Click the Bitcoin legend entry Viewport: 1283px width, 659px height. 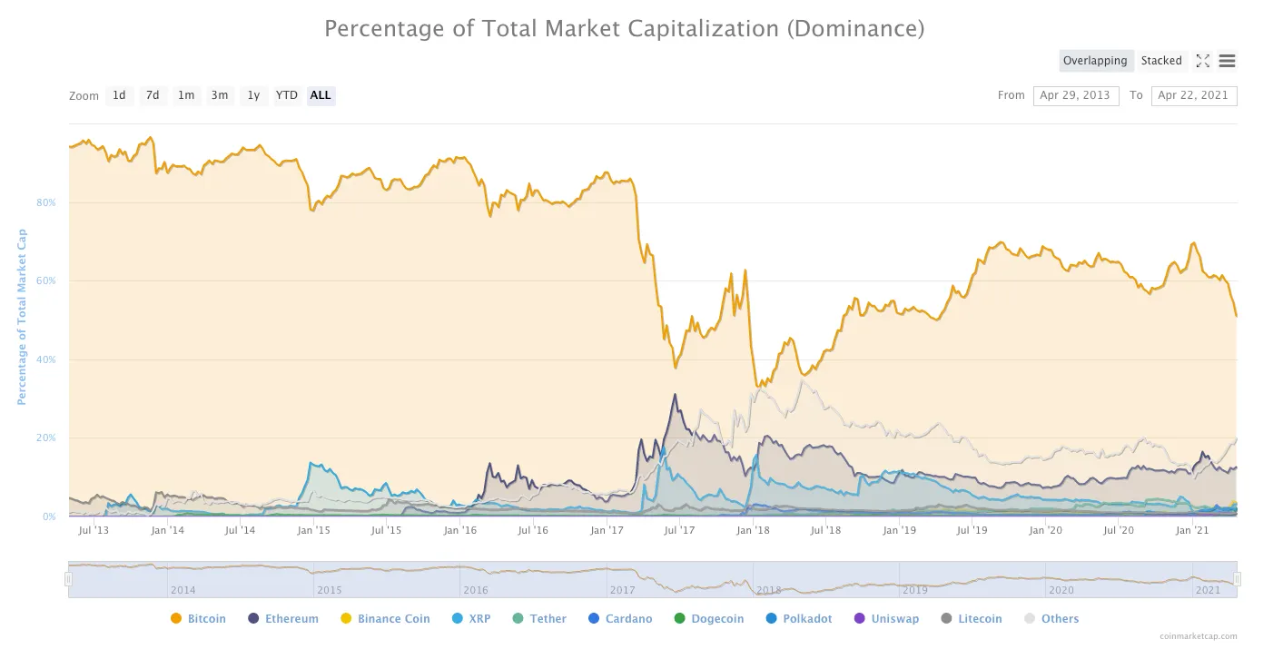pos(198,619)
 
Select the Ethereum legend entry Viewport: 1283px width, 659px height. pos(282,619)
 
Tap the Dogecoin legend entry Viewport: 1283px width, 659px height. pos(708,619)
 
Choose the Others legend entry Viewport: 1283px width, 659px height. pos(1051,619)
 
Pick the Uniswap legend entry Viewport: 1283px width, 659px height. pos(886,619)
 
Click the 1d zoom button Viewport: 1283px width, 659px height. pos(119,95)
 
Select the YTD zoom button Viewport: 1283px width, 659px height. pos(287,95)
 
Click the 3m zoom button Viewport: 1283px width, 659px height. pos(220,95)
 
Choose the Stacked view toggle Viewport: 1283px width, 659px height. pos(1161,61)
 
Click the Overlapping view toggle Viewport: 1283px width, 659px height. pos(1095,61)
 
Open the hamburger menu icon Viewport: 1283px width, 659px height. pos(1227,61)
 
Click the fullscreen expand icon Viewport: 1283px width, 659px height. pos(1202,61)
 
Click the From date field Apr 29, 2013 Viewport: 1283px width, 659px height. pos(1075,95)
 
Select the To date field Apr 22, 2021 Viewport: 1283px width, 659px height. pos(1193,95)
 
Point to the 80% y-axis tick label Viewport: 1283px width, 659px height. pos(45,202)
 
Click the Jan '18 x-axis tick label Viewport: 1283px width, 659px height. pos(753,530)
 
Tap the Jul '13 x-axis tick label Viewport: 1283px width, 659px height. pos(94,530)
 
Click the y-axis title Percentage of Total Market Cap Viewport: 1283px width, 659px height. pos(22,317)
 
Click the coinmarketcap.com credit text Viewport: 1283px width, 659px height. pos(1198,636)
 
